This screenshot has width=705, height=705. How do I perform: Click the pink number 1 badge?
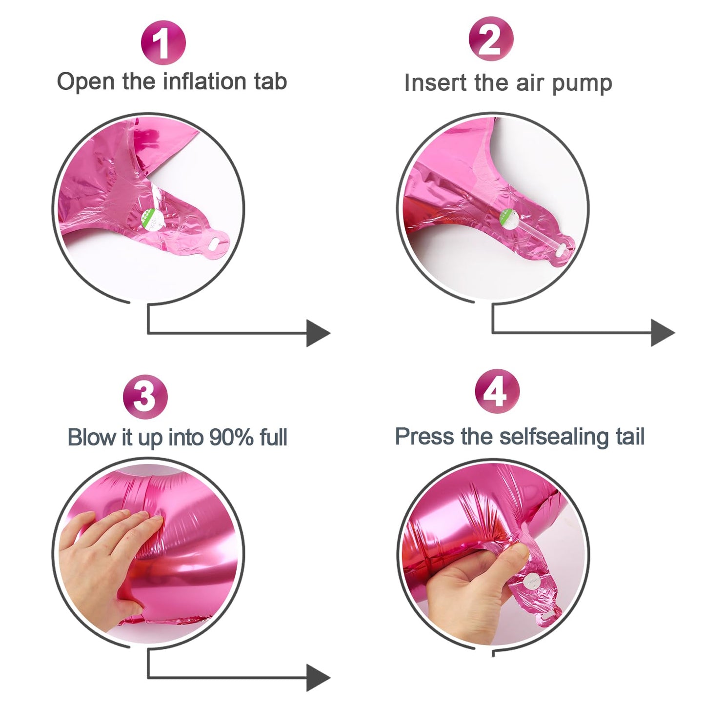pos(163,42)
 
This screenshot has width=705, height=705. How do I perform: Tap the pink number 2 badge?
pos(491,39)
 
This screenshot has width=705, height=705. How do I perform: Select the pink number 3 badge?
pos(145,397)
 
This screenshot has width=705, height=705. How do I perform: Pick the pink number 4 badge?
pos(497,391)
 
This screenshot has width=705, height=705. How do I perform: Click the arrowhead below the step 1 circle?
pos(318,333)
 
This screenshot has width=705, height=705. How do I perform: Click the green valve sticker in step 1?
pos(151,219)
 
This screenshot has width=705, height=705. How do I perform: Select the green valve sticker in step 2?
pos(510,219)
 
